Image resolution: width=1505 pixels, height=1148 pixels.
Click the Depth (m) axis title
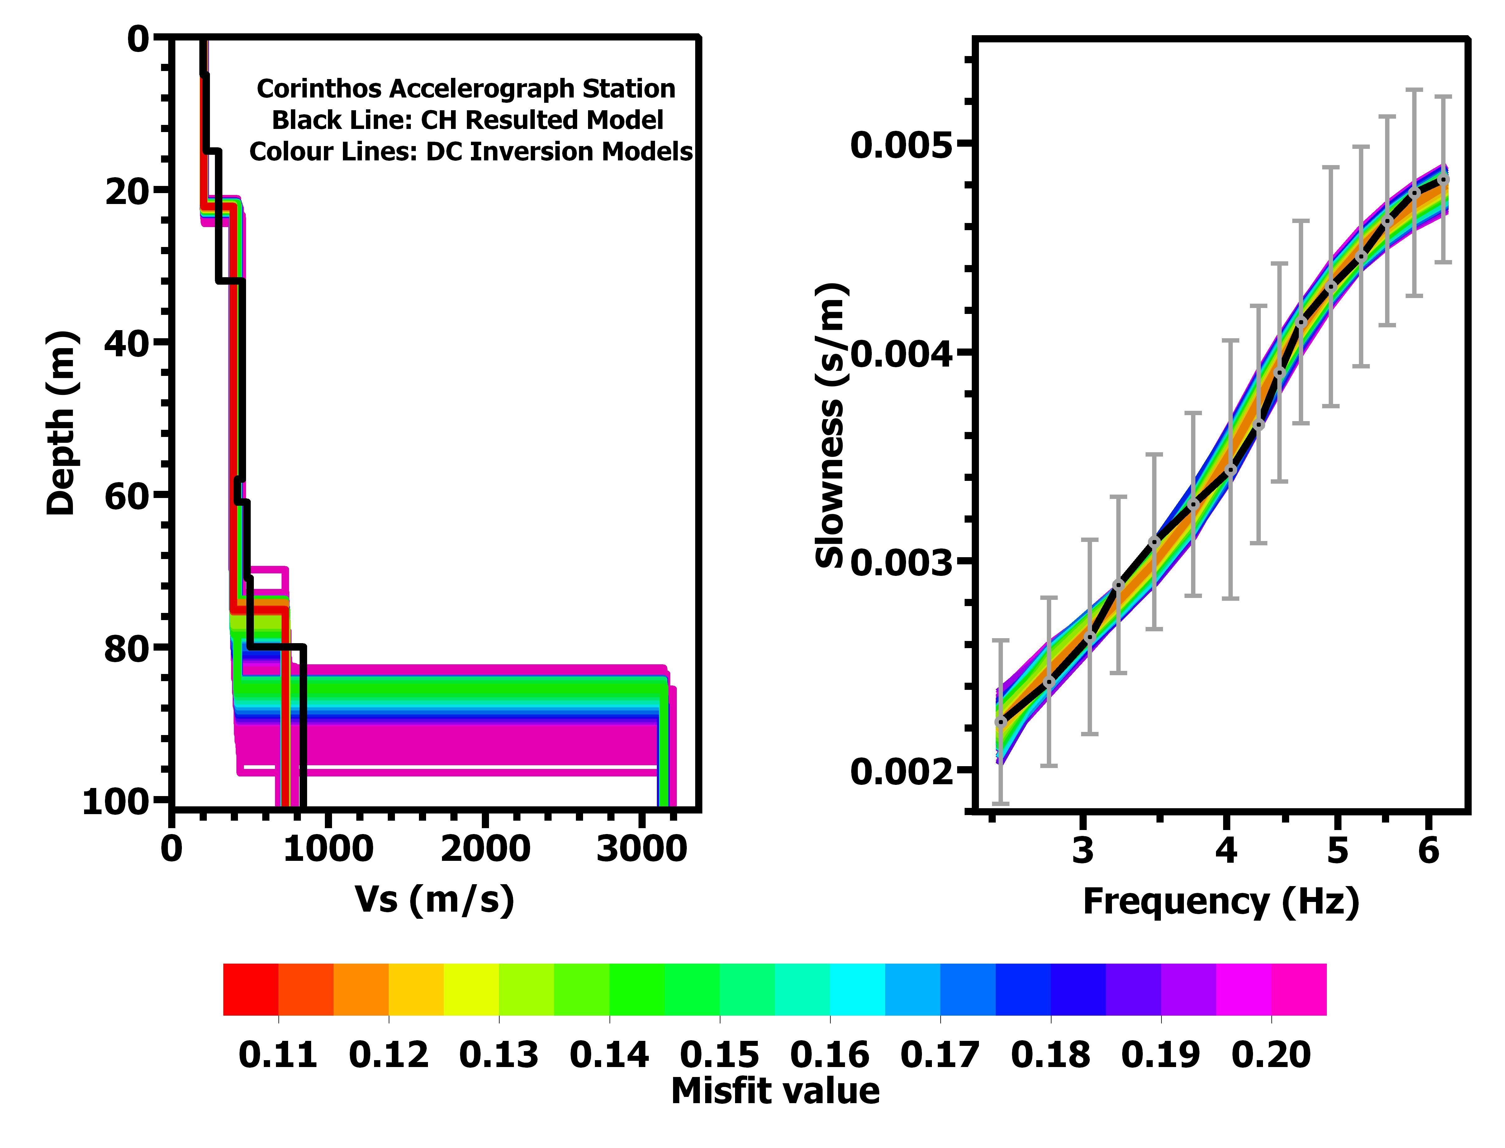pyautogui.click(x=61, y=424)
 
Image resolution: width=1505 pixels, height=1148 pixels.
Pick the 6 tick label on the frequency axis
pyautogui.click(x=1428, y=851)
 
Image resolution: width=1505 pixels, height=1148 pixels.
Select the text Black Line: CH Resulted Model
pyautogui.click(x=468, y=120)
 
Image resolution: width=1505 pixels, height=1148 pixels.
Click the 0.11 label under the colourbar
pyautogui.click(x=278, y=1054)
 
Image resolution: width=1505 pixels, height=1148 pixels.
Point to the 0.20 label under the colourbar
pyautogui.click(x=1271, y=1054)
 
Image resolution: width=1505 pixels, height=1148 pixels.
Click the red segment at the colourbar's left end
pyautogui.click(x=251, y=989)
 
